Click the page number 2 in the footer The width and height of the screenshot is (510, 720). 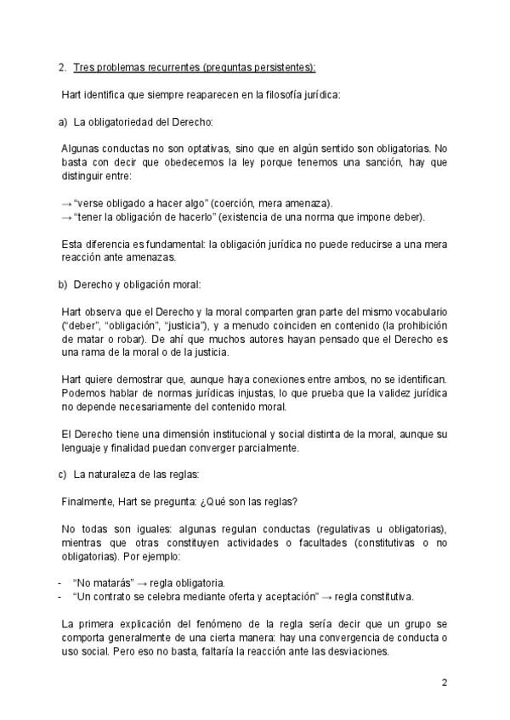click(x=444, y=682)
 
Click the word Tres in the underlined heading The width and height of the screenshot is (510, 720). click(x=84, y=66)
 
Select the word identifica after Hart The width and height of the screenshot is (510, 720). click(x=105, y=94)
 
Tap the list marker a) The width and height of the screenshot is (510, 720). click(x=63, y=122)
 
